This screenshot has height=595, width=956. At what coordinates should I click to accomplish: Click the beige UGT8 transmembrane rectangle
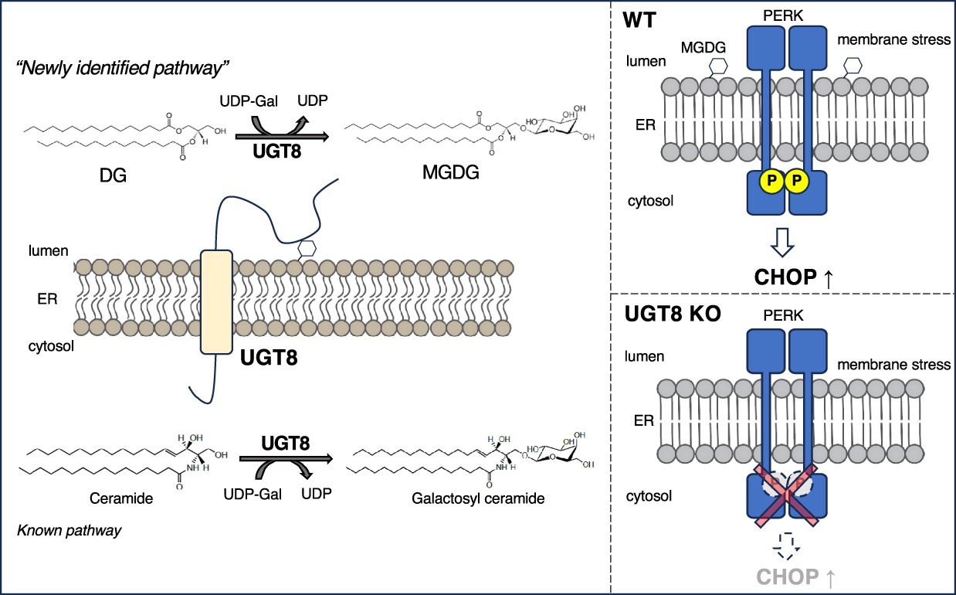point(217,301)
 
